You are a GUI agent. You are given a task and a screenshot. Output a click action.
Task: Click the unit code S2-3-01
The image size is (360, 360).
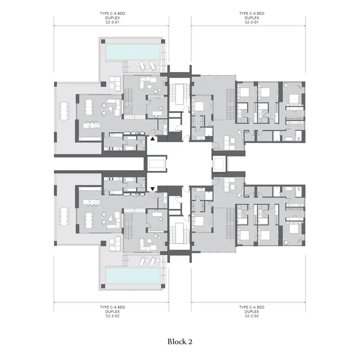(x=112, y=22)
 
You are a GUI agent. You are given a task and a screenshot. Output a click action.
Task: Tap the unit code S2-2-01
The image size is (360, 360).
(x=252, y=22)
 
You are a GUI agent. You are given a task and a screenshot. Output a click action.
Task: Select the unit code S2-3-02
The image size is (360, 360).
(x=112, y=316)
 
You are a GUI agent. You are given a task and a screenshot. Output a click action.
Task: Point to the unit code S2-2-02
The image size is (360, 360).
(x=252, y=316)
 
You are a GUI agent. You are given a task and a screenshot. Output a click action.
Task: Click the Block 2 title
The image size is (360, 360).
(x=180, y=342)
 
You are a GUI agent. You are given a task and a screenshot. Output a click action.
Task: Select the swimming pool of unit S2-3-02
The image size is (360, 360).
(x=133, y=275)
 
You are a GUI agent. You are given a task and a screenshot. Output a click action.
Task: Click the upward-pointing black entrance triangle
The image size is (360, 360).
(x=153, y=139)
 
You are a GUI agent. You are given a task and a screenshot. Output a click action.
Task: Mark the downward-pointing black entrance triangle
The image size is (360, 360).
(x=153, y=189)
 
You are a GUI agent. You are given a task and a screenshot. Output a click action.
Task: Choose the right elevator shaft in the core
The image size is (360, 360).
(x=220, y=164)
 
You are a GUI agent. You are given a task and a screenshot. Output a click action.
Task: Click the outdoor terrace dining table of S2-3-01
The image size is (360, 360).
(x=64, y=111)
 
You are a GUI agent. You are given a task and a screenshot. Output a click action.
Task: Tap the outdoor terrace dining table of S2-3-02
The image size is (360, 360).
(x=64, y=217)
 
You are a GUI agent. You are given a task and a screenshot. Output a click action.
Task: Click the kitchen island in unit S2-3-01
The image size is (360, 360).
(x=92, y=126)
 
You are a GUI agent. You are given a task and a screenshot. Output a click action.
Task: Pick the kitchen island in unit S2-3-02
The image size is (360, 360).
(x=92, y=202)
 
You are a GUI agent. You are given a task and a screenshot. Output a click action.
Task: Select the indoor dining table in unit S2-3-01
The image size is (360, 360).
(x=89, y=107)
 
